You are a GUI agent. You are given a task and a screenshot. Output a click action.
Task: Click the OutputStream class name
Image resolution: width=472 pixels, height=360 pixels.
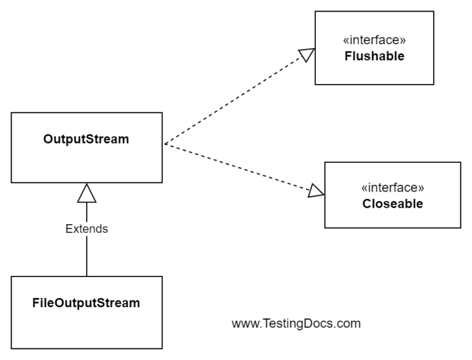point(86,139)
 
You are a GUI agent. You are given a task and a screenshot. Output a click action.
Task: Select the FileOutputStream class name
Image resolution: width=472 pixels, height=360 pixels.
point(86,303)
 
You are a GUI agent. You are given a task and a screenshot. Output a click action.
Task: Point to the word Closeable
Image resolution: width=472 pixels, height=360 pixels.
point(392,204)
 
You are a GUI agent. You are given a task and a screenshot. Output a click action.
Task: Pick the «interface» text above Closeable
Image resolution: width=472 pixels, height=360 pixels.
point(392,188)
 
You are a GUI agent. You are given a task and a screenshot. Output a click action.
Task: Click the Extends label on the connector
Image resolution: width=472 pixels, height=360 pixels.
point(87,229)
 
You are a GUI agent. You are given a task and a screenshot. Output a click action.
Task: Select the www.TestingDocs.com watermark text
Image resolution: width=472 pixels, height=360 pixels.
point(296,323)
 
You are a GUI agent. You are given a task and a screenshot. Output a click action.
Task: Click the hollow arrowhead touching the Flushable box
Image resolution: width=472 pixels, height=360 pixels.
point(307,55)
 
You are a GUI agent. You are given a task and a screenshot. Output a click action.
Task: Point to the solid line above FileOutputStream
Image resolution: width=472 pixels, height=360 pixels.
point(87,258)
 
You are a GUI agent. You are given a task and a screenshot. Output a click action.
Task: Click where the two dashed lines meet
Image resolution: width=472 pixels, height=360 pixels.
point(164,144)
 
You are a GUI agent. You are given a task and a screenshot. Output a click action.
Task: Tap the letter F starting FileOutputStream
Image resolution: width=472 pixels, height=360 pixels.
point(36,303)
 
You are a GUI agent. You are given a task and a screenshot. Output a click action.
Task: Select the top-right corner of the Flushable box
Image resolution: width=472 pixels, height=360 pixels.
point(434,11)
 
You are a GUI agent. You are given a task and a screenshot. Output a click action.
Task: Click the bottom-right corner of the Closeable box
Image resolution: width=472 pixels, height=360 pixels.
point(460,228)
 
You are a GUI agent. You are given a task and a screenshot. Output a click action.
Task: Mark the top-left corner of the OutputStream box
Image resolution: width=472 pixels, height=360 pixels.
point(12,112)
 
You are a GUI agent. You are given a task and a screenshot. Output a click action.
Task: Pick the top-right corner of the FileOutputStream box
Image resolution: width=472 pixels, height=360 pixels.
point(163,276)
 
